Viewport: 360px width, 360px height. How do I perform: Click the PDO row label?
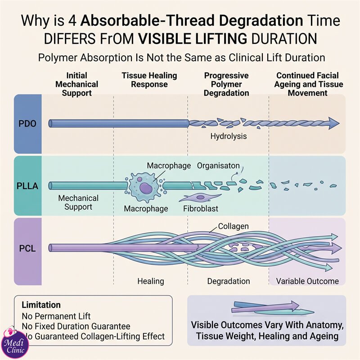(27, 124)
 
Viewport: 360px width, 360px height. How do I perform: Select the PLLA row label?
(27, 186)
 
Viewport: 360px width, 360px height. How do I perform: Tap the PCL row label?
(27, 248)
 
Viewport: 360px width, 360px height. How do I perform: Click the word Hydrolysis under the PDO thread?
(229, 136)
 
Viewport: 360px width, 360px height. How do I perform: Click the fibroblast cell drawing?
(200, 198)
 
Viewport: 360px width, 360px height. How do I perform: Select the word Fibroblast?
(200, 208)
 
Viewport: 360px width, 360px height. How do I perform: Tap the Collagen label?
(233, 226)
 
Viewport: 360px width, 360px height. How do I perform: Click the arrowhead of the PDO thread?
(333, 123)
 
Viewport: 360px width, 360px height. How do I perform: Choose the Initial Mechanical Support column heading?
(76, 84)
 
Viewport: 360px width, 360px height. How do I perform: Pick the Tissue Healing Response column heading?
(149, 80)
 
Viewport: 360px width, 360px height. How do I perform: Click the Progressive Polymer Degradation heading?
(226, 84)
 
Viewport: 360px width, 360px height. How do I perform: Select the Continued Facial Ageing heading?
(308, 84)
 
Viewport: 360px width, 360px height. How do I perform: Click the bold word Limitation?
(41, 305)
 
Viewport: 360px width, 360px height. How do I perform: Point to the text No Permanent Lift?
(56, 316)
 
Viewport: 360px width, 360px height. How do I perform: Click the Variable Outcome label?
(307, 281)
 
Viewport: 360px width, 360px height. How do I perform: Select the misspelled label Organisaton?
(218, 166)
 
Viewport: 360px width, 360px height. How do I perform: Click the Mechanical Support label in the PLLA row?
(78, 202)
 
